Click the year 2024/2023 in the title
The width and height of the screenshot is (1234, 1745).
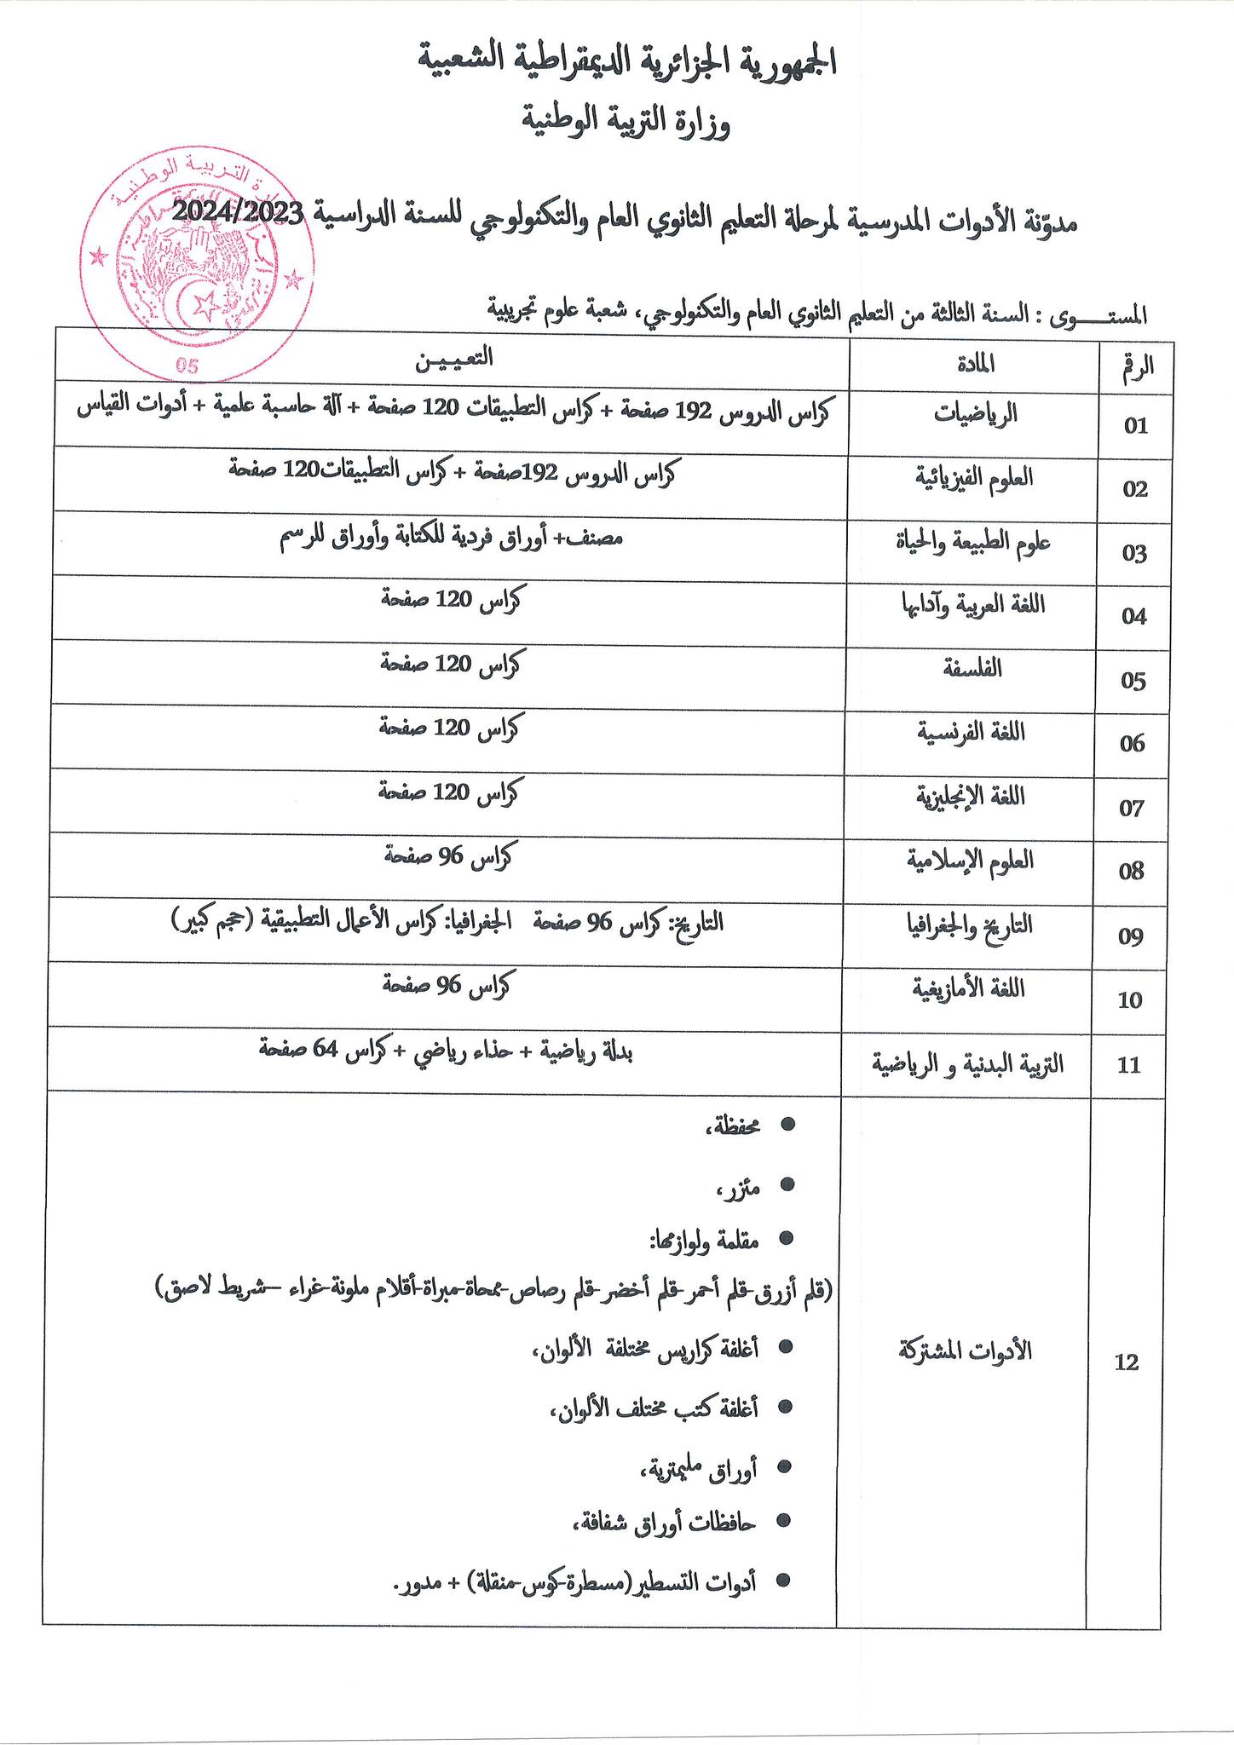(x=242, y=212)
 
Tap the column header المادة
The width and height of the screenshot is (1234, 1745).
(x=974, y=364)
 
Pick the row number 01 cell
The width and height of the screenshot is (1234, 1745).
(x=1136, y=425)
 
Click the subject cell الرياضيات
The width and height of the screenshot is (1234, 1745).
(x=976, y=415)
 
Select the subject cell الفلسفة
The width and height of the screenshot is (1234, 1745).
(x=972, y=669)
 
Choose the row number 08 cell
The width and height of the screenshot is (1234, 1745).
(x=1132, y=871)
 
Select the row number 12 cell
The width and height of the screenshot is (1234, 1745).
(x=1127, y=1362)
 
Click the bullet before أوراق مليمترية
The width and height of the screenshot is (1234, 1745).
(x=785, y=1466)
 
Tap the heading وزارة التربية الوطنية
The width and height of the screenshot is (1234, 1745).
(x=626, y=124)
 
